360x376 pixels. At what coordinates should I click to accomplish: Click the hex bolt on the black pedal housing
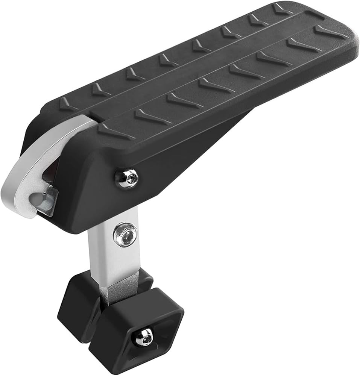[x=127, y=178]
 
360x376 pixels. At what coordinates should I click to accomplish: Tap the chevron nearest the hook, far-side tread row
[x=68, y=104]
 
